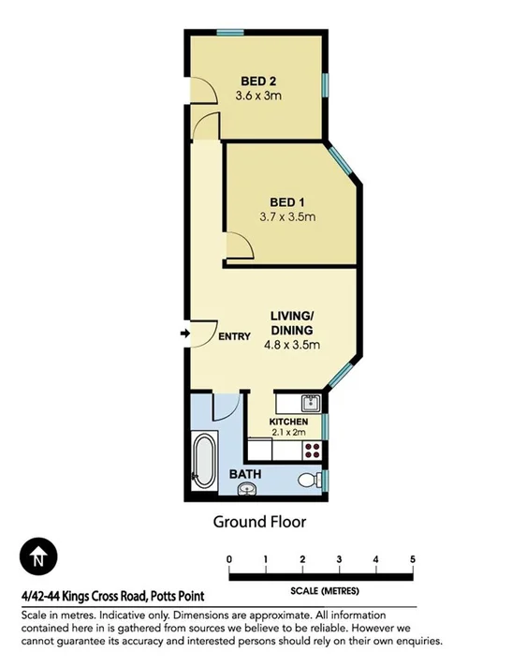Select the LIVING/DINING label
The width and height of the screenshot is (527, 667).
tap(291, 323)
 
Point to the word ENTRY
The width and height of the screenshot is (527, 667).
tap(234, 336)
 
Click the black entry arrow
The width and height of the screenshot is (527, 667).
tap(183, 332)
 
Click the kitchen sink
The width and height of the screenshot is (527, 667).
tap(311, 405)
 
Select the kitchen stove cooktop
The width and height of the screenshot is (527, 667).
tap(312, 450)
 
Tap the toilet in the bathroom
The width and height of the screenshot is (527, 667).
tap(306, 481)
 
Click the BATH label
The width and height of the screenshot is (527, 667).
tap(246, 474)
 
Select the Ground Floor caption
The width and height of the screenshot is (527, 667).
tap(259, 521)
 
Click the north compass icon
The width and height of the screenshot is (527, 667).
tap(38, 559)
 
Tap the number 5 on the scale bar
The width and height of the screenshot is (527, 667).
tap(412, 559)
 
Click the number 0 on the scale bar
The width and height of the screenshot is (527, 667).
tap(229, 559)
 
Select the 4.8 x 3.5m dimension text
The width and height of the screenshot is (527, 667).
tap(290, 345)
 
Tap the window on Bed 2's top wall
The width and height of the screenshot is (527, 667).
tap(231, 33)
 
